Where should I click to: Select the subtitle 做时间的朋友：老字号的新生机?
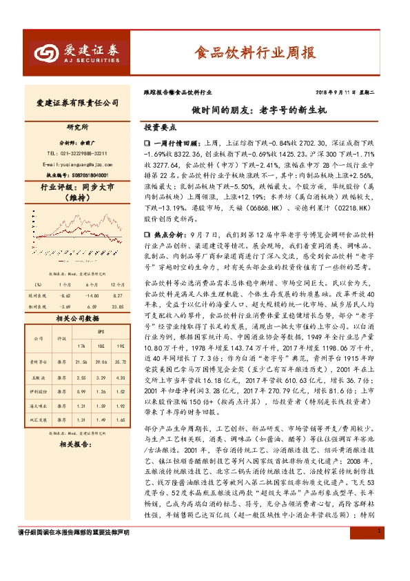259,110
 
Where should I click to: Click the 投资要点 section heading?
161,128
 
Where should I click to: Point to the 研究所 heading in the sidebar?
77,128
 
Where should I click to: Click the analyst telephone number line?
76,153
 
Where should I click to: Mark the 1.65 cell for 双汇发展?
120,419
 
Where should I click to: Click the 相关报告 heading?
76,444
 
